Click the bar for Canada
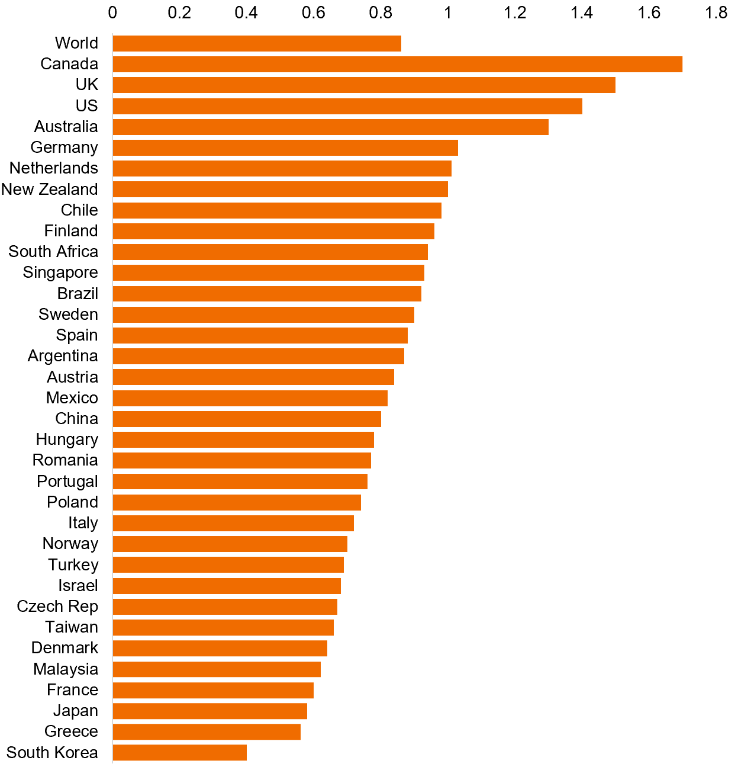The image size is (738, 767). tap(397, 64)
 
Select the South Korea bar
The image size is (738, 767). tap(179, 753)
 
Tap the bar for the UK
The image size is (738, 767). tap(363, 85)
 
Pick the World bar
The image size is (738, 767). tap(256, 43)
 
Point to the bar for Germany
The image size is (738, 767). tap(285, 147)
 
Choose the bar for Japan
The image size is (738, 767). tap(210, 711)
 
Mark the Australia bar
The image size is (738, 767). tap(330, 127)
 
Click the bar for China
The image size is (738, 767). tap(246, 419)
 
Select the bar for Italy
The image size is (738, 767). tap(233, 523)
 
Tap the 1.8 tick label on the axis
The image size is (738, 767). tap(716, 12)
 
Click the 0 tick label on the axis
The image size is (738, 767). tap(112, 12)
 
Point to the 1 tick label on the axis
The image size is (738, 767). tap(448, 12)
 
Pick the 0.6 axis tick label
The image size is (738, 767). tap(314, 12)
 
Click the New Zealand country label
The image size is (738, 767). tap(50, 190)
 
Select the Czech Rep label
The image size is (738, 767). tap(57, 606)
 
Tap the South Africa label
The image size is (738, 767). tap(53, 252)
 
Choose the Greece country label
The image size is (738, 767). tap(71, 731)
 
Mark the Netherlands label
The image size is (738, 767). tap(54, 168)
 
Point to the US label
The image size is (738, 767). tap(86, 106)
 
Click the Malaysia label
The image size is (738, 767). tap(66, 669)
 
